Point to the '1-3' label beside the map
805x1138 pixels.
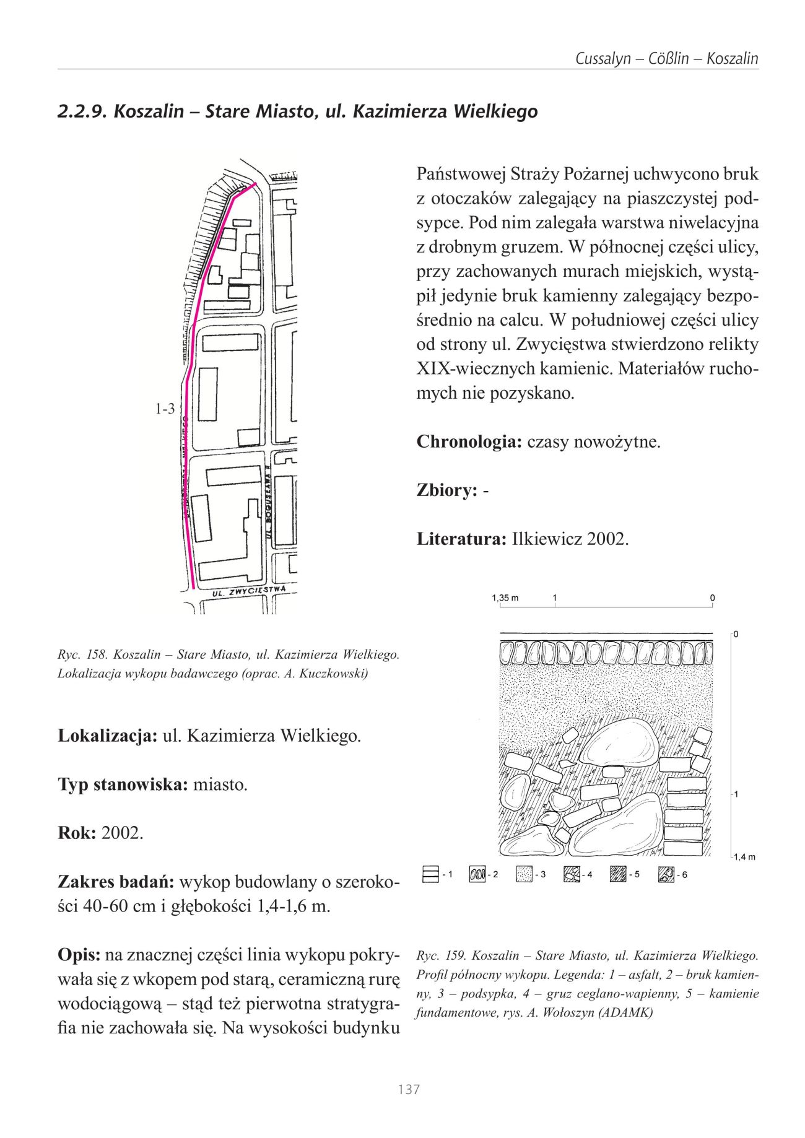(x=165, y=409)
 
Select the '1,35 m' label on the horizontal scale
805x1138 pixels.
(x=505, y=598)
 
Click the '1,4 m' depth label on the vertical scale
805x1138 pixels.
(x=745, y=857)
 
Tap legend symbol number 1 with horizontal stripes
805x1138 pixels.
(x=429, y=874)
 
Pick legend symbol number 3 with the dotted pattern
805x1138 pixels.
(x=524, y=874)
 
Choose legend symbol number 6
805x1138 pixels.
(x=666, y=874)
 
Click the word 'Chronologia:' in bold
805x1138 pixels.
(x=469, y=442)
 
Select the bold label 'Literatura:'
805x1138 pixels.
(x=461, y=539)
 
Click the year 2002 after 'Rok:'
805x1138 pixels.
(x=122, y=833)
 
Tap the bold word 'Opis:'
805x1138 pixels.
(x=79, y=954)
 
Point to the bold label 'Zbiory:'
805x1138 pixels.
(x=446, y=490)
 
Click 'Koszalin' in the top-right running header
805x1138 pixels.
(x=732, y=59)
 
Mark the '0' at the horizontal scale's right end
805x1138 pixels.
(x=712, y=598)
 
